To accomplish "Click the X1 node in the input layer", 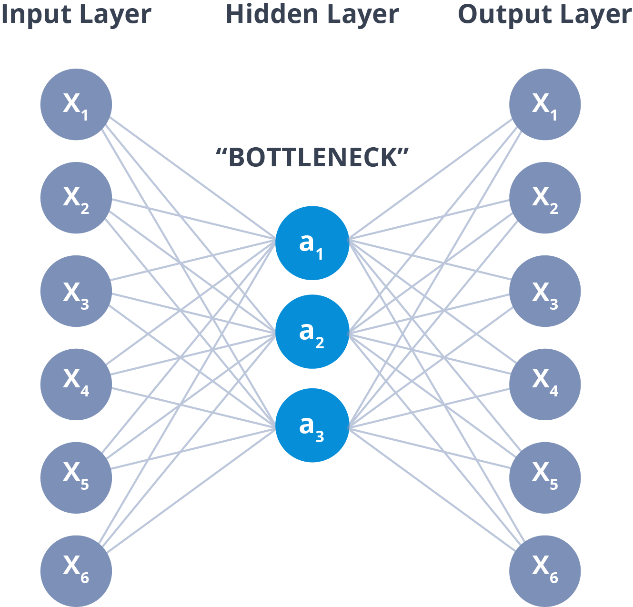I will point(76,104).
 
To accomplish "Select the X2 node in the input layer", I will point(76,198).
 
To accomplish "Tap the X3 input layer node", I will point(76,291).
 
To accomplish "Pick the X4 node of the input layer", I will point(76,384).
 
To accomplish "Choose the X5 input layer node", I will point(76,477).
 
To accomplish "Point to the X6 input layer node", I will point(76,571).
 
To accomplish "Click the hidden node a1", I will point(312,243).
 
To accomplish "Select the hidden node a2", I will point(312,332).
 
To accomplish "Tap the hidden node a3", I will point(312,425).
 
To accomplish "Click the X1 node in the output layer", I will point(545,104).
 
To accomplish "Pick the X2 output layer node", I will point(545,198).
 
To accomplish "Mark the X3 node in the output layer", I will point(545,291).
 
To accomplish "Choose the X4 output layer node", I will point(545,384).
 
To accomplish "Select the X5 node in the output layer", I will point(545,477).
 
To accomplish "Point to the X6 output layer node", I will point(545,571).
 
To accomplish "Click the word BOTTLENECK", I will point(312,157).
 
